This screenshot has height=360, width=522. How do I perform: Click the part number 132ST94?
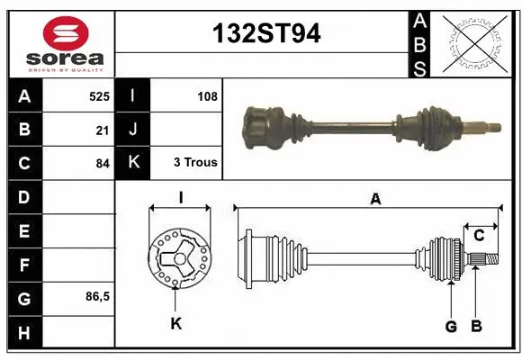click(265, 34)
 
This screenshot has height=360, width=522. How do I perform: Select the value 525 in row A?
click(99, 94)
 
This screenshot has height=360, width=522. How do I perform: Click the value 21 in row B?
click(103, 130)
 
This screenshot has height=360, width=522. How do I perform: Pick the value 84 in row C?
click(103, 164)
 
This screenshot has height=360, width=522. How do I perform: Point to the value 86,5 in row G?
click(96, 296)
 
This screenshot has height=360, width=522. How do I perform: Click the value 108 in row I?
click(207, 94)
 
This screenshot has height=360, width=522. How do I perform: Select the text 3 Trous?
click(195, 163)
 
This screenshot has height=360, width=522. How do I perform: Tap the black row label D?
click(23, 196)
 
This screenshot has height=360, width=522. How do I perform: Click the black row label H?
click(23, 332)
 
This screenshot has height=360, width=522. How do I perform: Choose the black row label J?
click(133, 130)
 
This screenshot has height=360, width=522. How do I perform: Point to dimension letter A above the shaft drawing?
click(375, 200)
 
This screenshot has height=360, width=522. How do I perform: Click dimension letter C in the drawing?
click(480, 236)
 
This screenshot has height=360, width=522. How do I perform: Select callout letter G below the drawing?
click(451, 326)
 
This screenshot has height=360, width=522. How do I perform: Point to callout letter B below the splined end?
click(477, 326)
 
